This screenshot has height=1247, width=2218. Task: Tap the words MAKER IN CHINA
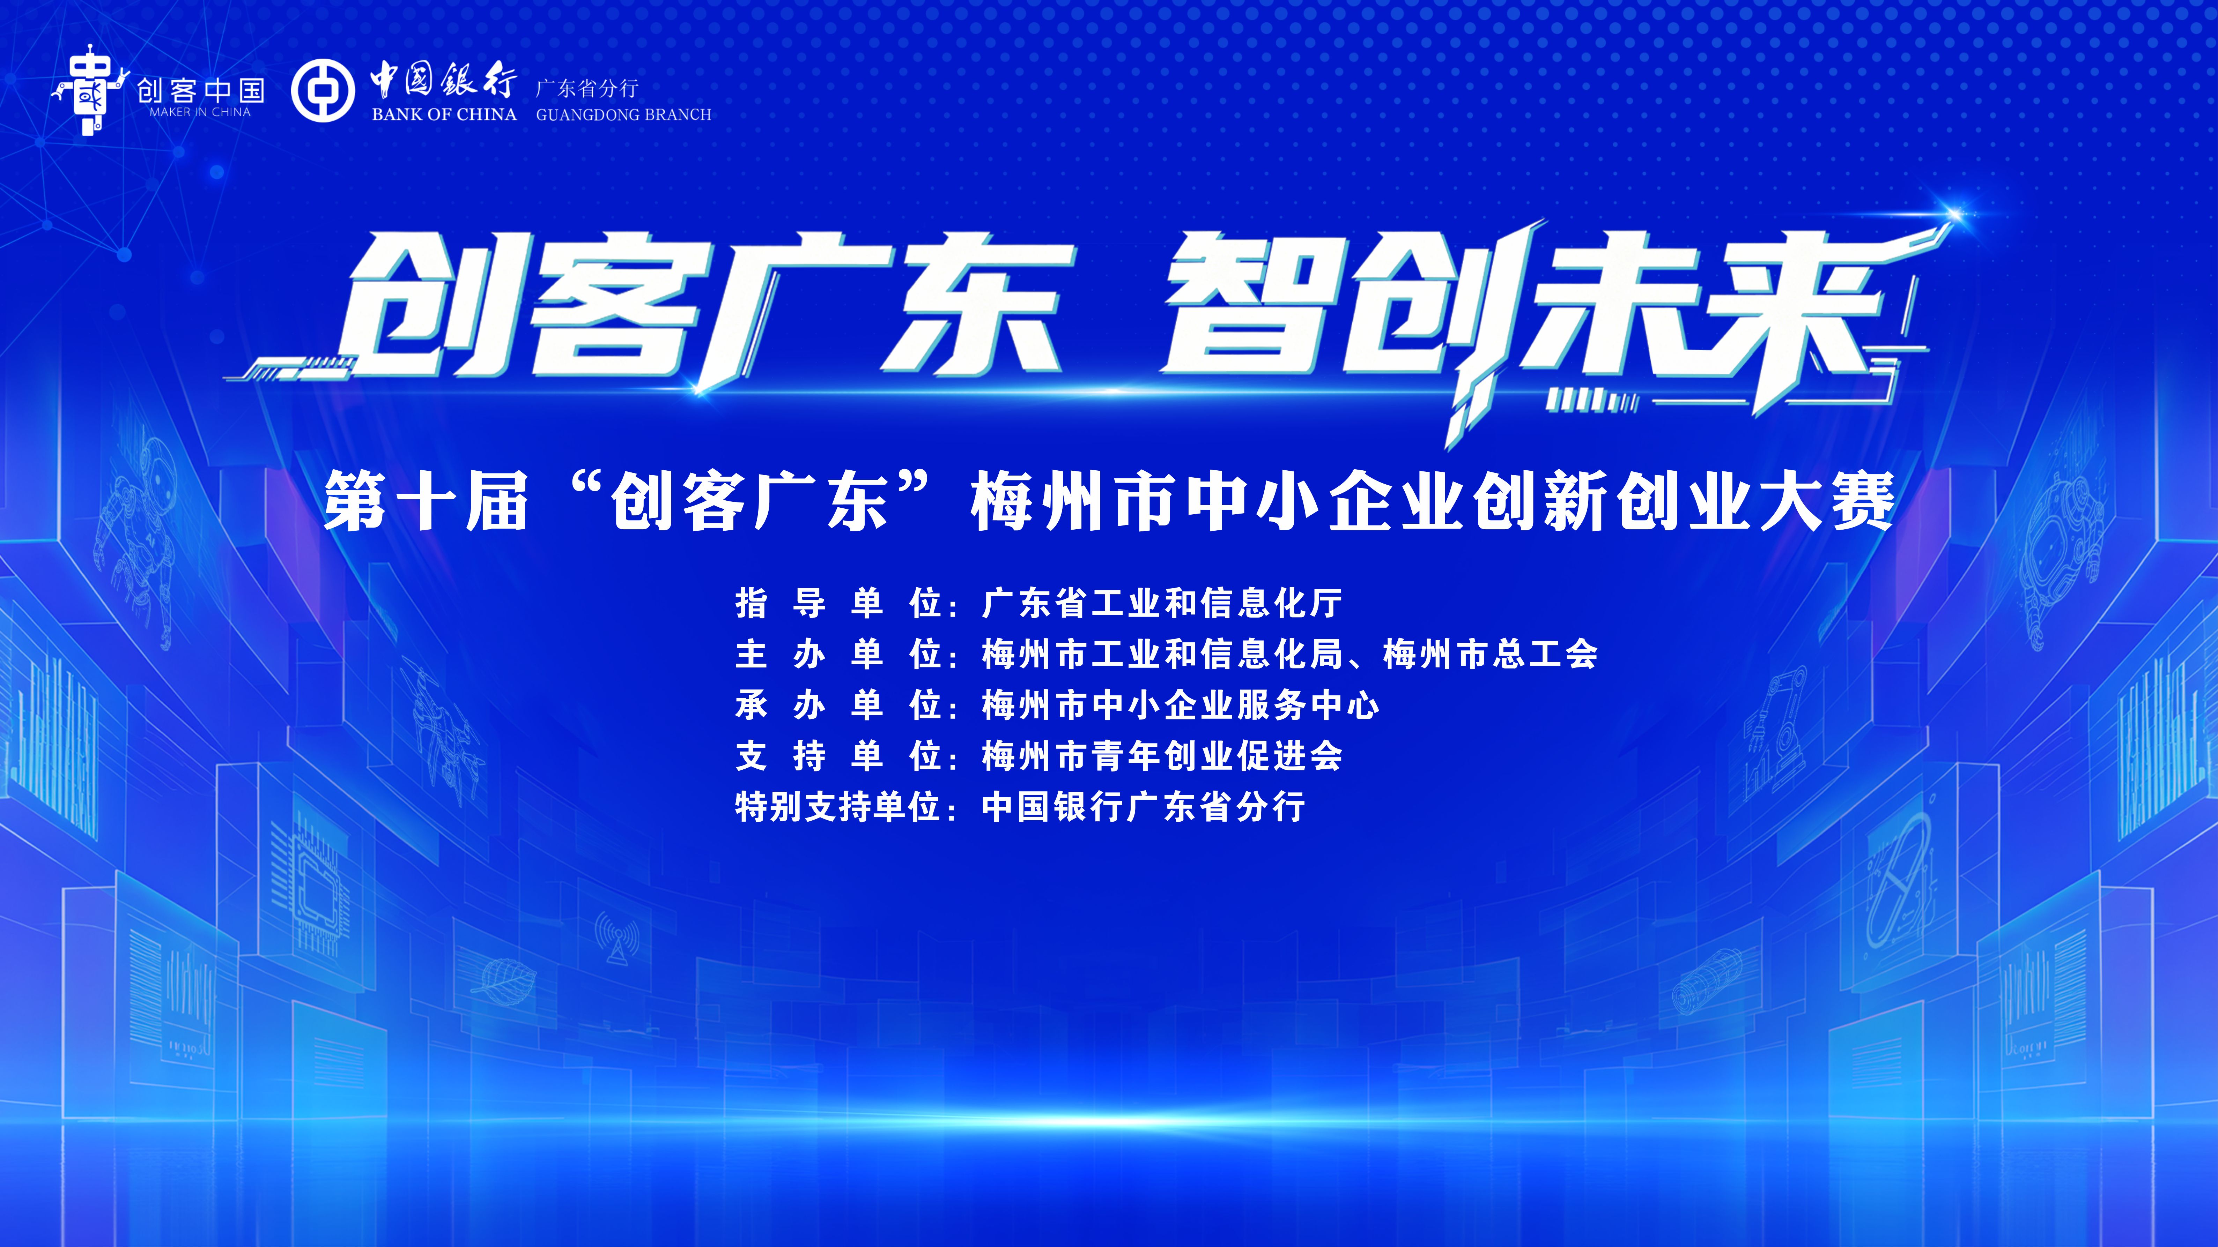pyautogui.click(x=200, y=112)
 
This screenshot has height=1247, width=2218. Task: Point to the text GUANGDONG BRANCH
pyautogui.click(x=623, y=114)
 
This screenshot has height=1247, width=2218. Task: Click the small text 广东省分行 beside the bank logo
pyautogui.click(x=587, y=88)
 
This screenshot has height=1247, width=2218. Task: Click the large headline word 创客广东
pyautogui.click(x=706, y=310)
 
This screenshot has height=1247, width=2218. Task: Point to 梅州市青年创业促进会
pyautogui.click(x=1162, y=756)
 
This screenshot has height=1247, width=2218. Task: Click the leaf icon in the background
pyautogui.click(x=504, y=981)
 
